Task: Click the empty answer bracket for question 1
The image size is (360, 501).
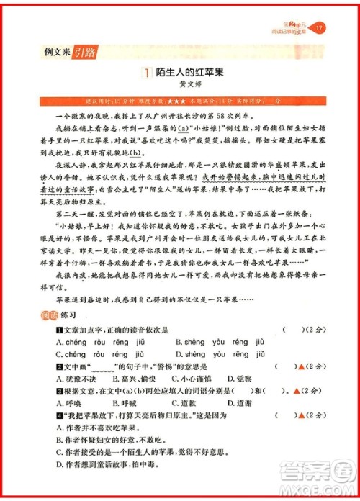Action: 292,330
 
